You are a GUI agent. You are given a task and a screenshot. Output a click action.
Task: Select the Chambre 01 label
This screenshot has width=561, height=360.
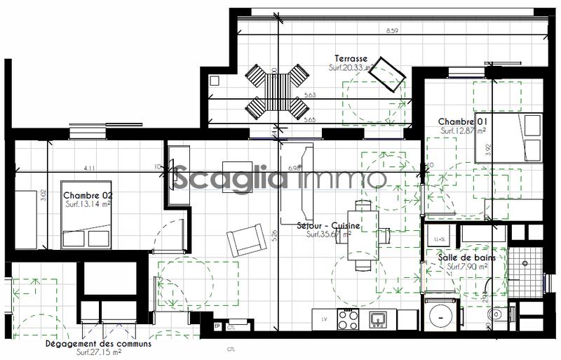point(463,121)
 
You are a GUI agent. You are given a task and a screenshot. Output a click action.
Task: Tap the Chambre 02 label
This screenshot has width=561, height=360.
point(88,195)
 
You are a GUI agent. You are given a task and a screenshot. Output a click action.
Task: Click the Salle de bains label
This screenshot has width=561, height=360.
point(467,258)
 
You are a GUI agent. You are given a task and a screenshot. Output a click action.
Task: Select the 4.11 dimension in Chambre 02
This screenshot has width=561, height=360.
point(89,168)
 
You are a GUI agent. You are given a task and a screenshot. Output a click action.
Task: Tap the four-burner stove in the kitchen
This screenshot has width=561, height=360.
point(349,319)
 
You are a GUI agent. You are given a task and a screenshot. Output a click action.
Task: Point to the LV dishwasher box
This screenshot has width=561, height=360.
point(323,319)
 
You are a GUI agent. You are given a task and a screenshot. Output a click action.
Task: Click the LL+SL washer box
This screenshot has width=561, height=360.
point(441,240)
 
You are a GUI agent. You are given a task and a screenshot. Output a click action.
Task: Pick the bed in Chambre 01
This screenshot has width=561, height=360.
point(508,138)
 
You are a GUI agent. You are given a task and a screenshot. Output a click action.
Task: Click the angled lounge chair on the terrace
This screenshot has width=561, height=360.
point(388,74)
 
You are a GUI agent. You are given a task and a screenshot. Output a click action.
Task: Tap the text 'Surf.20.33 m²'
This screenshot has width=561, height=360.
point(351,68)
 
